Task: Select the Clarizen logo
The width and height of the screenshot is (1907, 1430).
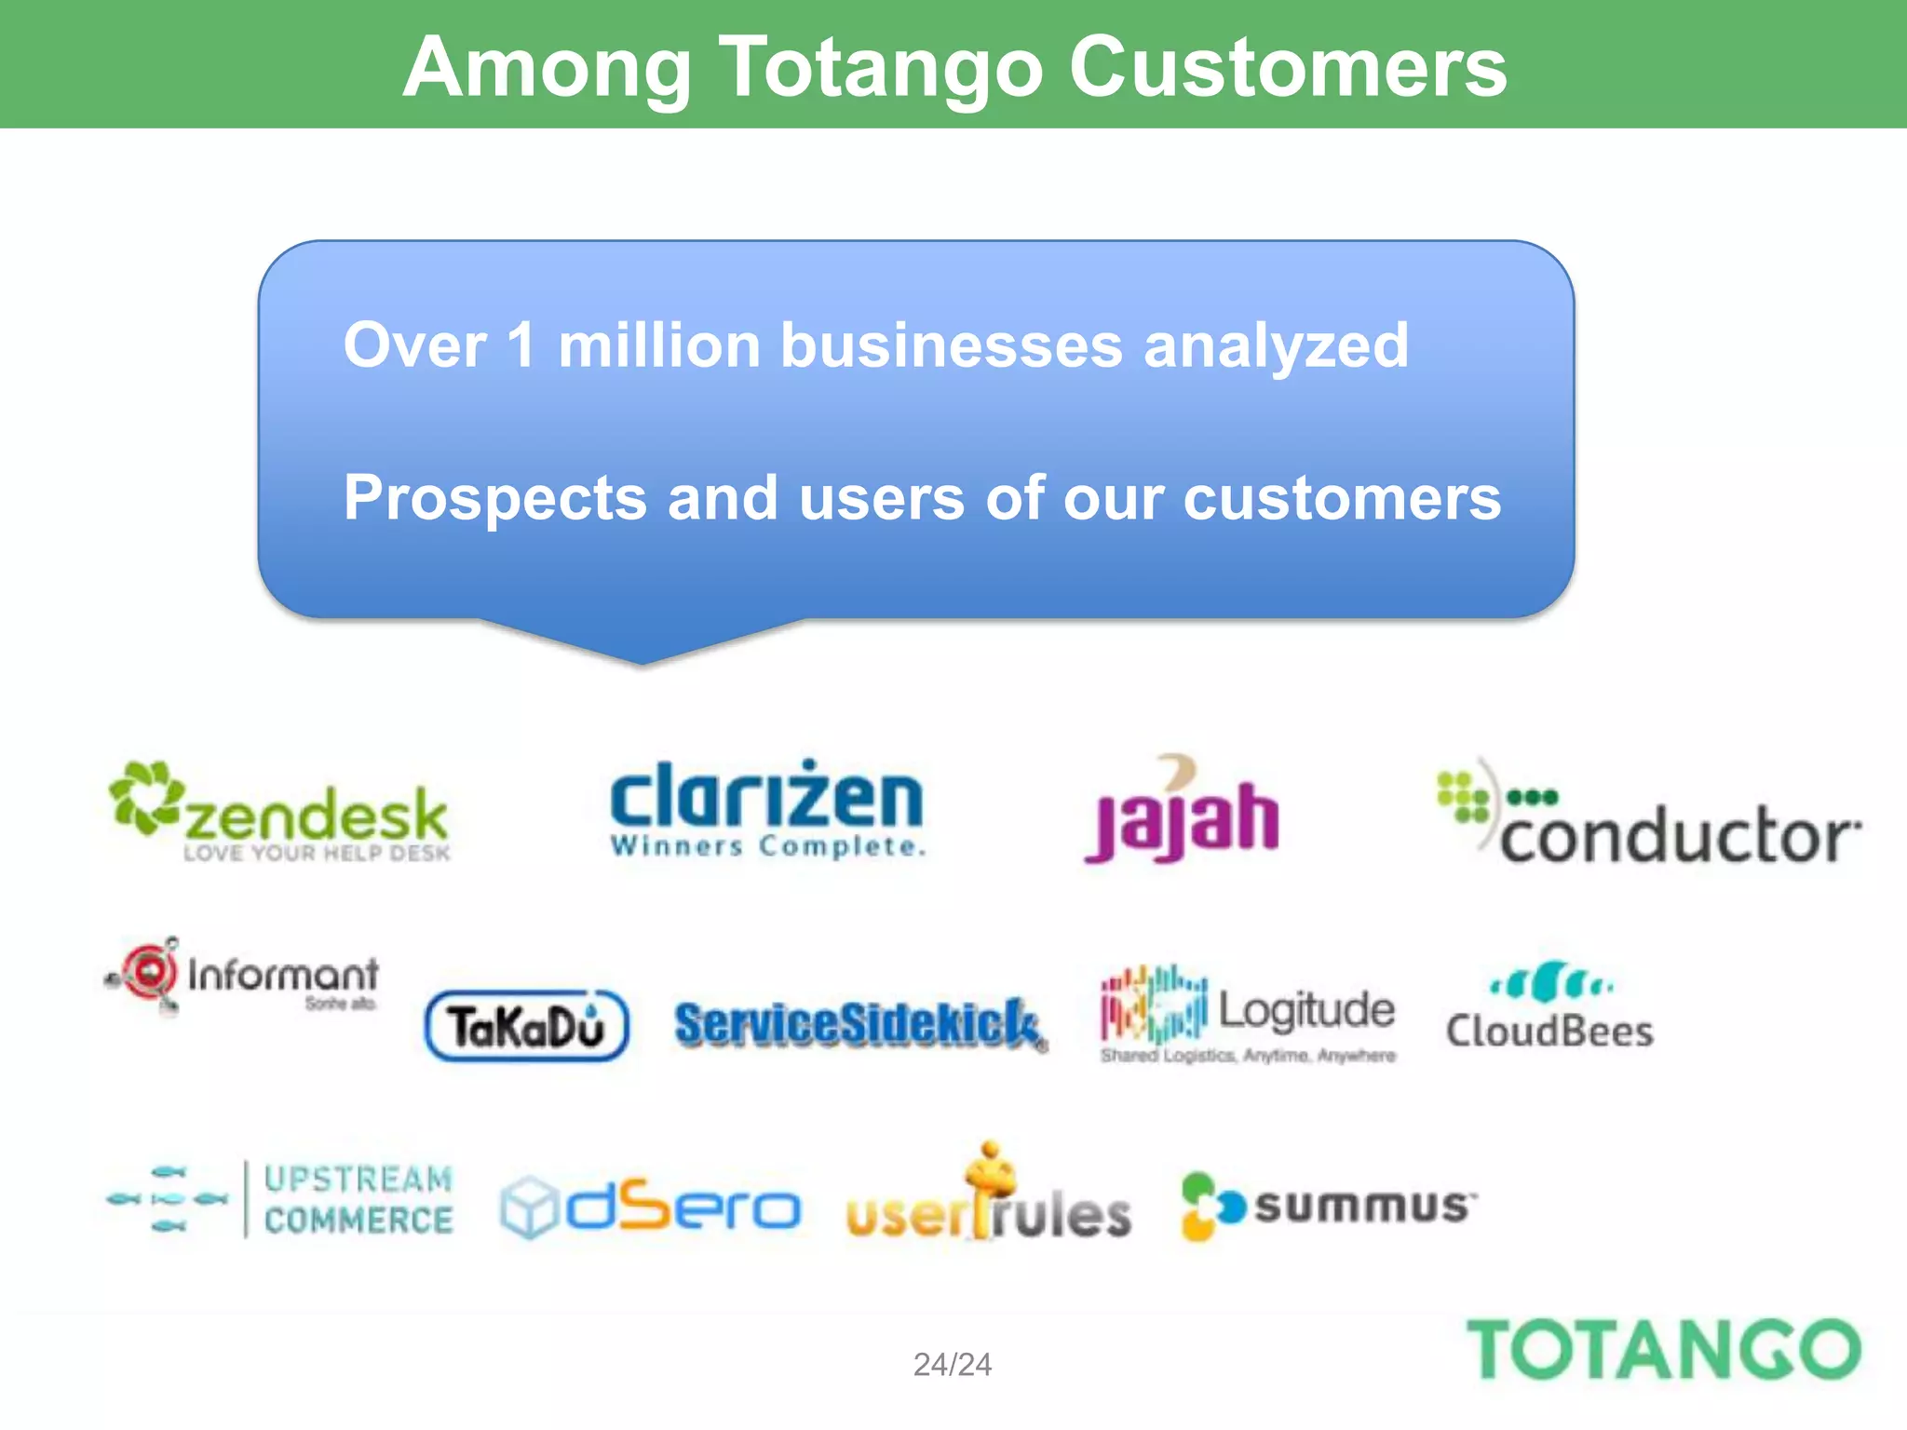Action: point(766,808)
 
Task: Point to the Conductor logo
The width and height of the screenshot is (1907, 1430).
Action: point(1648,819)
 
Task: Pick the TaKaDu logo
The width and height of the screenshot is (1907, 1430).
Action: point(527,1026)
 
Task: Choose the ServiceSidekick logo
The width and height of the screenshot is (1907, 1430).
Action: point(859,1024)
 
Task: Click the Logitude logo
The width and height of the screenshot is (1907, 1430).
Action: point(1248,1015)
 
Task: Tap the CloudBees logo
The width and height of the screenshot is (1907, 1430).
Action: point(1549,1007)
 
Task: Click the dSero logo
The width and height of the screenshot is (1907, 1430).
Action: point(650,1207)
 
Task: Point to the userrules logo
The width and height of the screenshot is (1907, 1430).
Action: point(989,1201)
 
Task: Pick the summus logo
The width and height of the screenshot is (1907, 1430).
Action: point(1328,1207)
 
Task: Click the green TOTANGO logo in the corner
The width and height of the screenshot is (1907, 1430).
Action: point(1663,1350)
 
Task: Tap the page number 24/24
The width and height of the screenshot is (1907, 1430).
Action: point(953,1365)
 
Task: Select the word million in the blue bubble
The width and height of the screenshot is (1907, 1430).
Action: point(659,345)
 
